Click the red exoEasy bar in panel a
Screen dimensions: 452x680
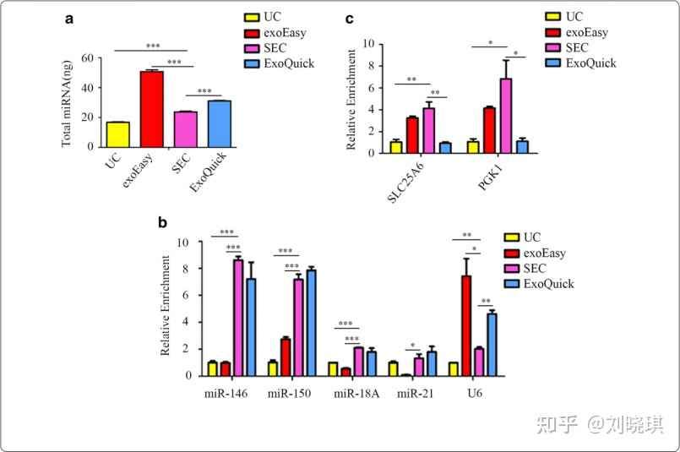pyautogui.click(x=152, y=108)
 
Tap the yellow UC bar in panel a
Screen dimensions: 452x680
pyautogui.click(x=118, y=133)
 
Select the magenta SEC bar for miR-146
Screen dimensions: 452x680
pyautogui.click(x=238, y=317)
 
